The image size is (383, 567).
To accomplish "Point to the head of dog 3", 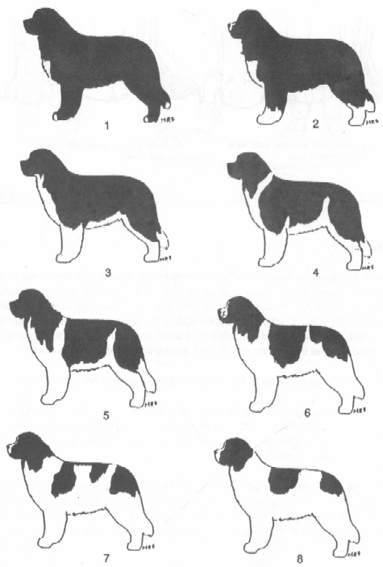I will [x=40, y=165].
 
